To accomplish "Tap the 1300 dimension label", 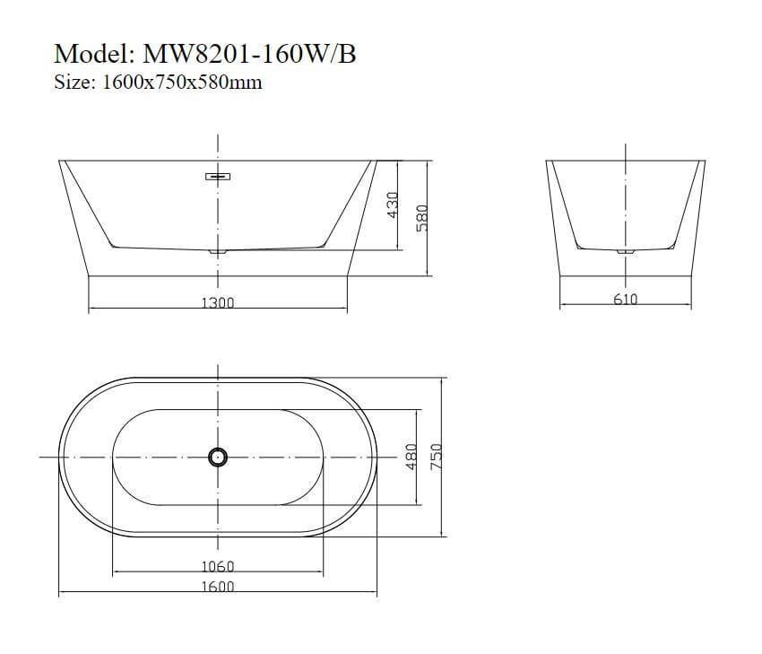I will [217, 303].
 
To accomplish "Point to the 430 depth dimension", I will [392, 205].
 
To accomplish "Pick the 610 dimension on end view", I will [625, 300].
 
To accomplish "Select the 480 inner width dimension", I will [411, 457].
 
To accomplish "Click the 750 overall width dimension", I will [438, 457].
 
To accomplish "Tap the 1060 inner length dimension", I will [217, 566].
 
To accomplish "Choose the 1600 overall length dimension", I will [217, 587].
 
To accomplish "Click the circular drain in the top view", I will [217, 457].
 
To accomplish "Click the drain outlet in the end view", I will [625, 252].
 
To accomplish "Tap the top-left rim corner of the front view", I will [59, 161].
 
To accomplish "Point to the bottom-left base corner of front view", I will [88, 275].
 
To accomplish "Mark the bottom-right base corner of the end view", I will [690, 275].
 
